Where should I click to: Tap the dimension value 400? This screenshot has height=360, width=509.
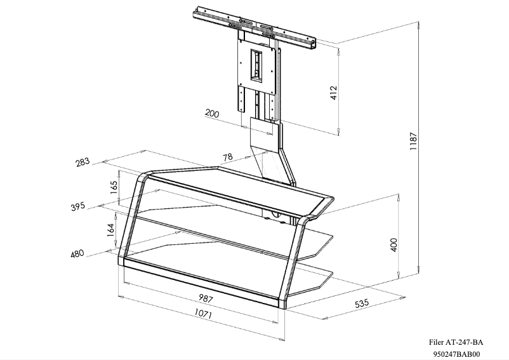pyautogui.click(x=393, y=244)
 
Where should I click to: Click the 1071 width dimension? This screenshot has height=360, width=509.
pyautogui.click(x=203, y=314)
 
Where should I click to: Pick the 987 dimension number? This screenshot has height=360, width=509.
pyautogui.click(x=206, y=298)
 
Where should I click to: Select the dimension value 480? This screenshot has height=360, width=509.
pyautogui.click(x=77, y=254)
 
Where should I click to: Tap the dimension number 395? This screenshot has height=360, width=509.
pyautogui.click(x=77, y=207)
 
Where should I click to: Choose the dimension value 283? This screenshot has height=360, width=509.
pyautogui.click(x=83, y=163)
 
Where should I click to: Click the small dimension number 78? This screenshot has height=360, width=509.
pyautogui.click(x=227, y=157)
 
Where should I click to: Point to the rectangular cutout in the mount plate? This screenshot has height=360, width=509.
pyautogui.click(x=257, y=65)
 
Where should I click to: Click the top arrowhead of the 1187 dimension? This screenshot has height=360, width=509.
pyautogui.click(x=420, y=25)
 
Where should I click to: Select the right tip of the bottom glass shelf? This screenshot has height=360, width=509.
pyautogui.click(x=331, y=274)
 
